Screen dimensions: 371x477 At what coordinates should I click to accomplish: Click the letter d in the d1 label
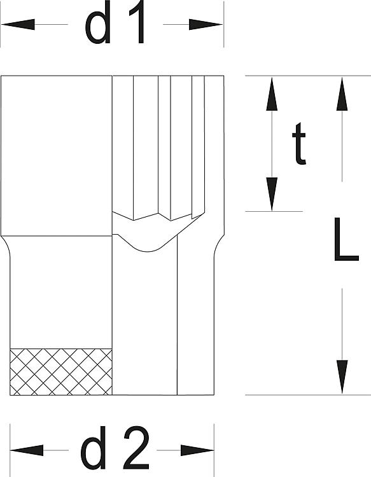coord(98,23)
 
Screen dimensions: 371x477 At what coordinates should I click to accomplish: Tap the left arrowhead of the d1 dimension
coord(18,24)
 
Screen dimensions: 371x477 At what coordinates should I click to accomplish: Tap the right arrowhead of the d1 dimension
coord(206,24)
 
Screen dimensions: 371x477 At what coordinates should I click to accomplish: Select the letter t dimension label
coord(299,144)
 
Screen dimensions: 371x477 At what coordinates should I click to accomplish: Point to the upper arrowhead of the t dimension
coord(272,93)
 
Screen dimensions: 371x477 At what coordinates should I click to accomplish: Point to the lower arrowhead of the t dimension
coord(272,194)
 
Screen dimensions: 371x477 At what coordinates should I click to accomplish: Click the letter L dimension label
coord(346,239)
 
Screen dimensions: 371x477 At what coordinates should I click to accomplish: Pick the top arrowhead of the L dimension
coord(342,93)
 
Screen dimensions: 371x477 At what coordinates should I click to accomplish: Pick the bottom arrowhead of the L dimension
coord(342,377)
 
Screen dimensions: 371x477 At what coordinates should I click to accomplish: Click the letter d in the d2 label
coord(93,448)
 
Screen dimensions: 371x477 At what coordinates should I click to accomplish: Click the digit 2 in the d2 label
coord(137,448)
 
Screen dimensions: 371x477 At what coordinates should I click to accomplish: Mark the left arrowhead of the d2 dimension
coord(27,450)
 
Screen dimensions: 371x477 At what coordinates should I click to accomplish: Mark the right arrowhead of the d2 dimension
coord(197,450)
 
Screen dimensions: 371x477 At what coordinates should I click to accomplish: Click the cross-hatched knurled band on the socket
coord(61,372)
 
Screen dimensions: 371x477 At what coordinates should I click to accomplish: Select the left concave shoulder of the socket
coord(6,245)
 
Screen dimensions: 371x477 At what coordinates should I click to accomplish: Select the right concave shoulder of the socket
coord(219,245)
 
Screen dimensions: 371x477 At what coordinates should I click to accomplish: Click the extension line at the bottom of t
coord(274,211)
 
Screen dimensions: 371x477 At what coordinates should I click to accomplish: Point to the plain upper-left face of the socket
coord(57,155)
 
